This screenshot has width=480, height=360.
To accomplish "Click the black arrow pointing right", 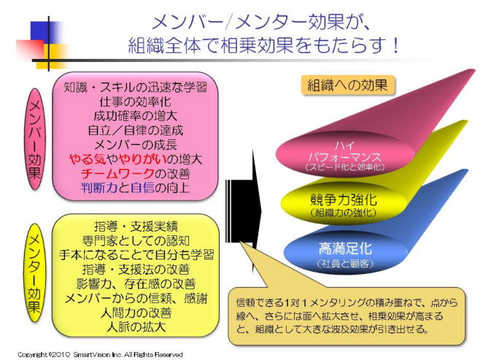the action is pos(244,211).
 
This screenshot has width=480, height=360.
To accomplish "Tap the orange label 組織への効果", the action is pos(347,85).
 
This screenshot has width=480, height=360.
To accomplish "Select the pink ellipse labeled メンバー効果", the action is pos(34,139).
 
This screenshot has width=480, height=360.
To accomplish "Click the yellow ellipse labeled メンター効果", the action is pos(34,273).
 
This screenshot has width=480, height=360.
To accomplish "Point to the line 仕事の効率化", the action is pos(135,102).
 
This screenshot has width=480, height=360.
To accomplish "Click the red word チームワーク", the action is pos(117,173).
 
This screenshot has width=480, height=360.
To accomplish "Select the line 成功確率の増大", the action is pos(135,116).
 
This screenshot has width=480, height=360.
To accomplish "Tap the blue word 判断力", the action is pos(99,187).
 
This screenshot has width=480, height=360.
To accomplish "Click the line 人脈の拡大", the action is pos(136,327).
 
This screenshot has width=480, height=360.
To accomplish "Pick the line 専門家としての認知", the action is pos(136,240).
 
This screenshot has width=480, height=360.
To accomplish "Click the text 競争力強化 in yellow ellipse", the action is pos(343,200).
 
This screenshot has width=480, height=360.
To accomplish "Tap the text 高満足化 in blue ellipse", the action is pos(345,249).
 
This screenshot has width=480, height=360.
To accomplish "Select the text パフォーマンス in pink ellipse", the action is pos(344,157).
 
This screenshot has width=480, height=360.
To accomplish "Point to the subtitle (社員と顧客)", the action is pos(345,263).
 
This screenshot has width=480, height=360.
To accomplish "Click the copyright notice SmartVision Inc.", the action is pos(100,355).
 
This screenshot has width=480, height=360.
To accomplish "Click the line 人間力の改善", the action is pos(136,313).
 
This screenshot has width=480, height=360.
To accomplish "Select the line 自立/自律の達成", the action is pos(135,130).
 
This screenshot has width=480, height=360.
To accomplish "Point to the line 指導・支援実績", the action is pos(136,227).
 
